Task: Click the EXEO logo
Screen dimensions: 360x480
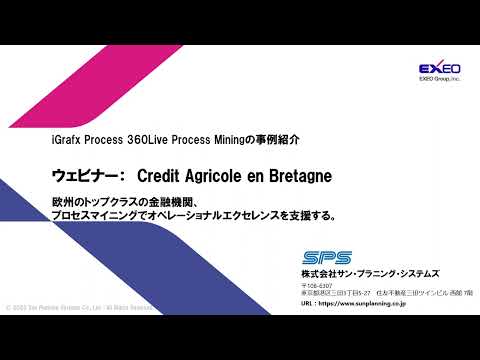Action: pyautogui.click(x=438, y=68)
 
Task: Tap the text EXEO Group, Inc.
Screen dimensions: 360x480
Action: pyautogui.click(x=438, y=79)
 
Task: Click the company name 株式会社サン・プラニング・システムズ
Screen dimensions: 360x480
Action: pyautogui.click(x=370, y=274)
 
